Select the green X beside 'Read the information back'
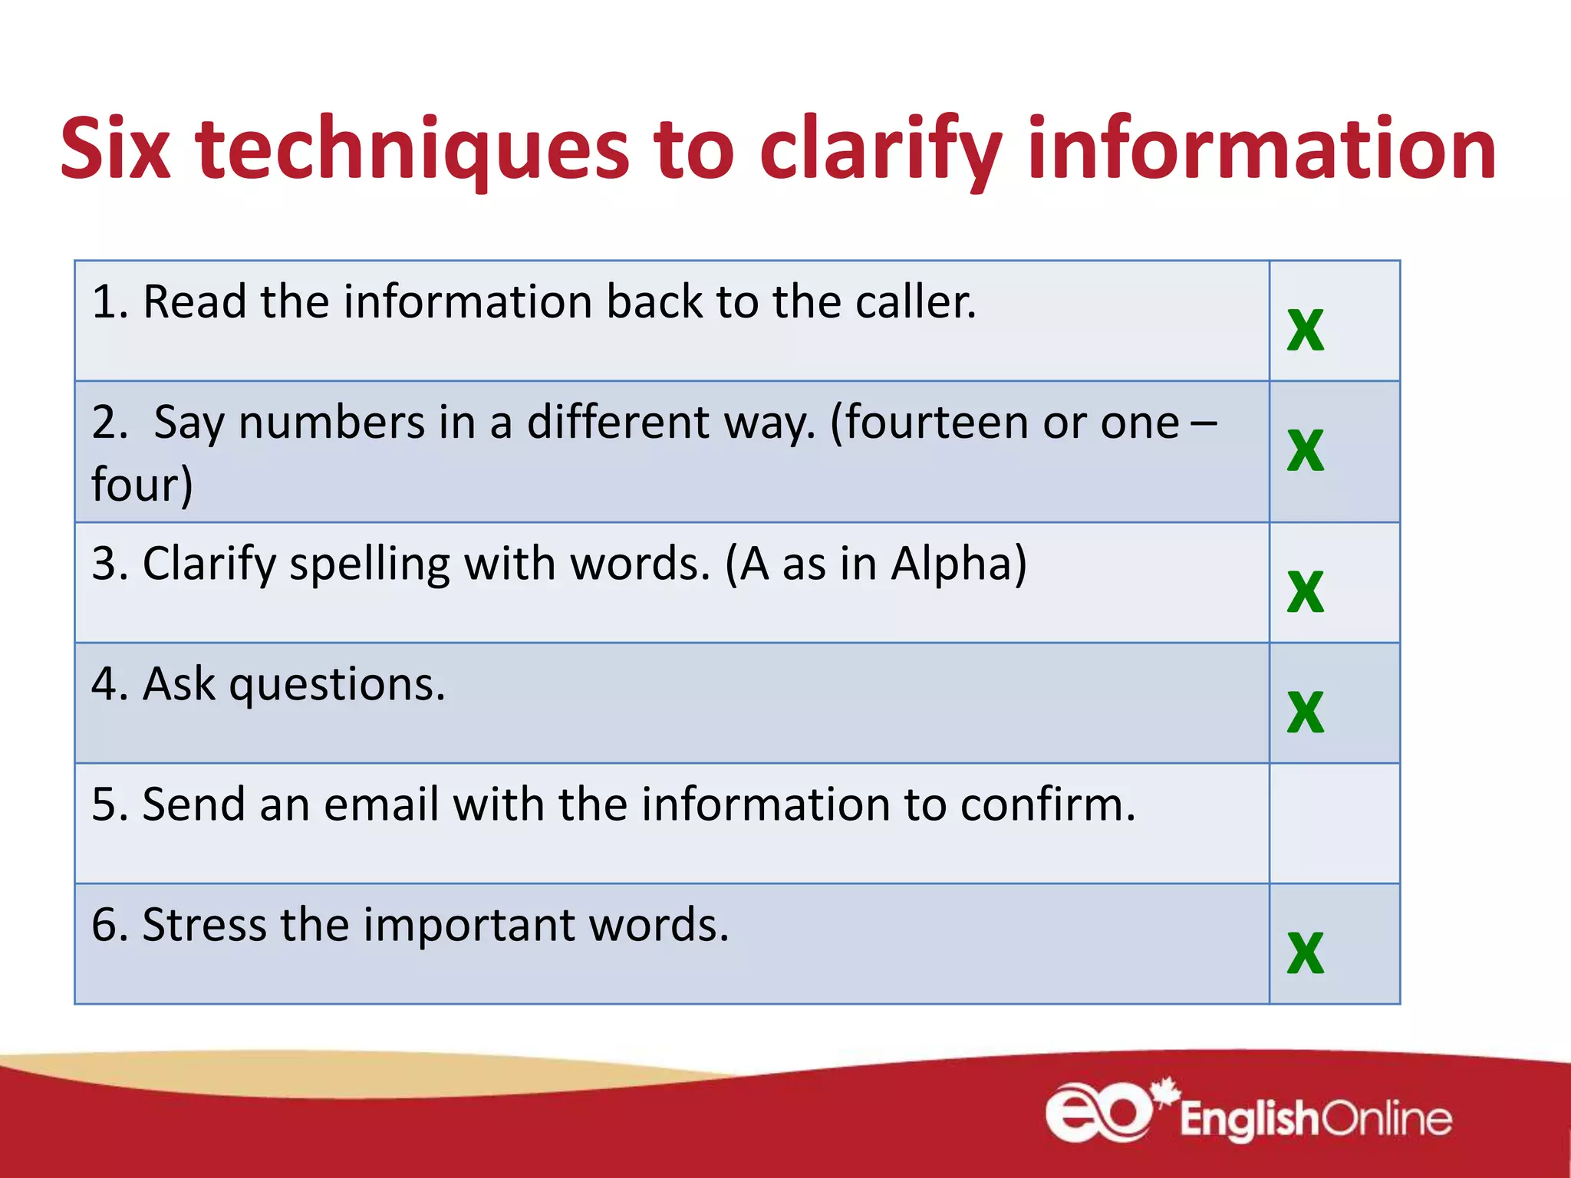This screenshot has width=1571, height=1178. [x=1306, y=329]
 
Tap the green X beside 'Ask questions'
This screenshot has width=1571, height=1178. [x=1306, y=712]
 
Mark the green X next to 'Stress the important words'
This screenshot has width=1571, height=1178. [x=1306, y=952]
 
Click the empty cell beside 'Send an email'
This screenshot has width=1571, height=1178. [x=1334, y=823]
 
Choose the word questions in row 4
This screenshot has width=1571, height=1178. [x=337, y=685]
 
